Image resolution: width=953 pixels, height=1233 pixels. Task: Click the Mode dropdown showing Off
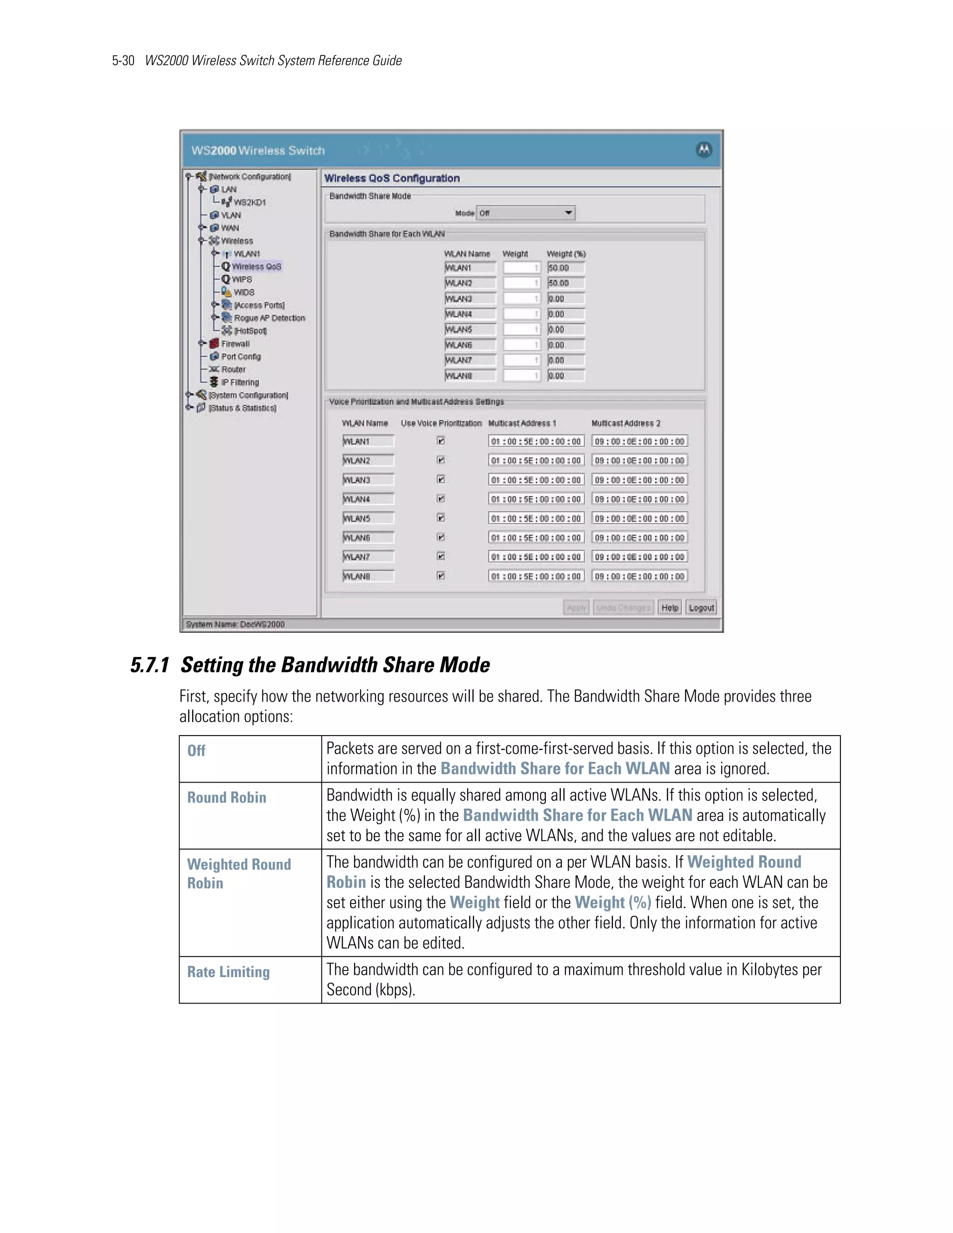525,213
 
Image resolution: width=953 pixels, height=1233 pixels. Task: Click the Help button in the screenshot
670,608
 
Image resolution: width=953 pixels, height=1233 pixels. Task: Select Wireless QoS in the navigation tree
256,267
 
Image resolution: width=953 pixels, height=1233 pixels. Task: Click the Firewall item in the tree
235,344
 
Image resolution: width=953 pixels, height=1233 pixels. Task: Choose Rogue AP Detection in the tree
269,318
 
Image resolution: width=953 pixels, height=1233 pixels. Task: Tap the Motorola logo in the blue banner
704,150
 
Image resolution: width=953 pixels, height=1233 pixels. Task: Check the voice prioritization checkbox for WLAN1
441,441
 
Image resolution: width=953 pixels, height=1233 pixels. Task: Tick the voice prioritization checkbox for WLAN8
441,576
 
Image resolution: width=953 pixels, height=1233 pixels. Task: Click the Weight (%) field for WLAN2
566,283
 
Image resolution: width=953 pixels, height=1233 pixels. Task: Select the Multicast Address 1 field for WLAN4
535,499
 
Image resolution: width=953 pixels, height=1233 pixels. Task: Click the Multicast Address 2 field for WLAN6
639,537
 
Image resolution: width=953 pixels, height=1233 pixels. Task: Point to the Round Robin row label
227,797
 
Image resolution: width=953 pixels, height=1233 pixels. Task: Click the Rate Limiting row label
228,972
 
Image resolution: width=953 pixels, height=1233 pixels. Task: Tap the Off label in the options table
196,751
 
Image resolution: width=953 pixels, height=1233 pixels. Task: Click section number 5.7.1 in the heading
150,665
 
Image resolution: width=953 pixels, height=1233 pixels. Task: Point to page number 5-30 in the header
123,60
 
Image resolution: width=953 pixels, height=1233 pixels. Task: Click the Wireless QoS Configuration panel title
392,178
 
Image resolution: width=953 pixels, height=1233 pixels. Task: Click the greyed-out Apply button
577,608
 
